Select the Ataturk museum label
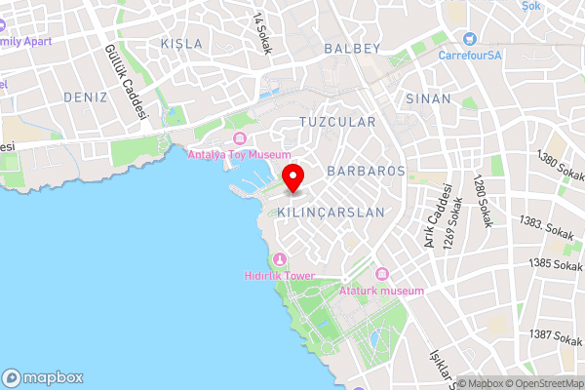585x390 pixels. (x=387, y=291)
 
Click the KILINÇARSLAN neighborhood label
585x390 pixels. (x=331, y=212)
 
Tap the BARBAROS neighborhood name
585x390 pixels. (x=366, y=171)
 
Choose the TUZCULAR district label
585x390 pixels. (x=336, y=122)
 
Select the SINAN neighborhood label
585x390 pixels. (x=429, y=98)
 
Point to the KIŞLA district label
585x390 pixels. (x=181, y=44)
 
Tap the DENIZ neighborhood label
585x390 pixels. (x=85, y=97)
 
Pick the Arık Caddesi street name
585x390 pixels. (x=437, y=214)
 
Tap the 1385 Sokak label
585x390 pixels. (x=556, y=263)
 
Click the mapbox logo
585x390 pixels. (x=44, y=377)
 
